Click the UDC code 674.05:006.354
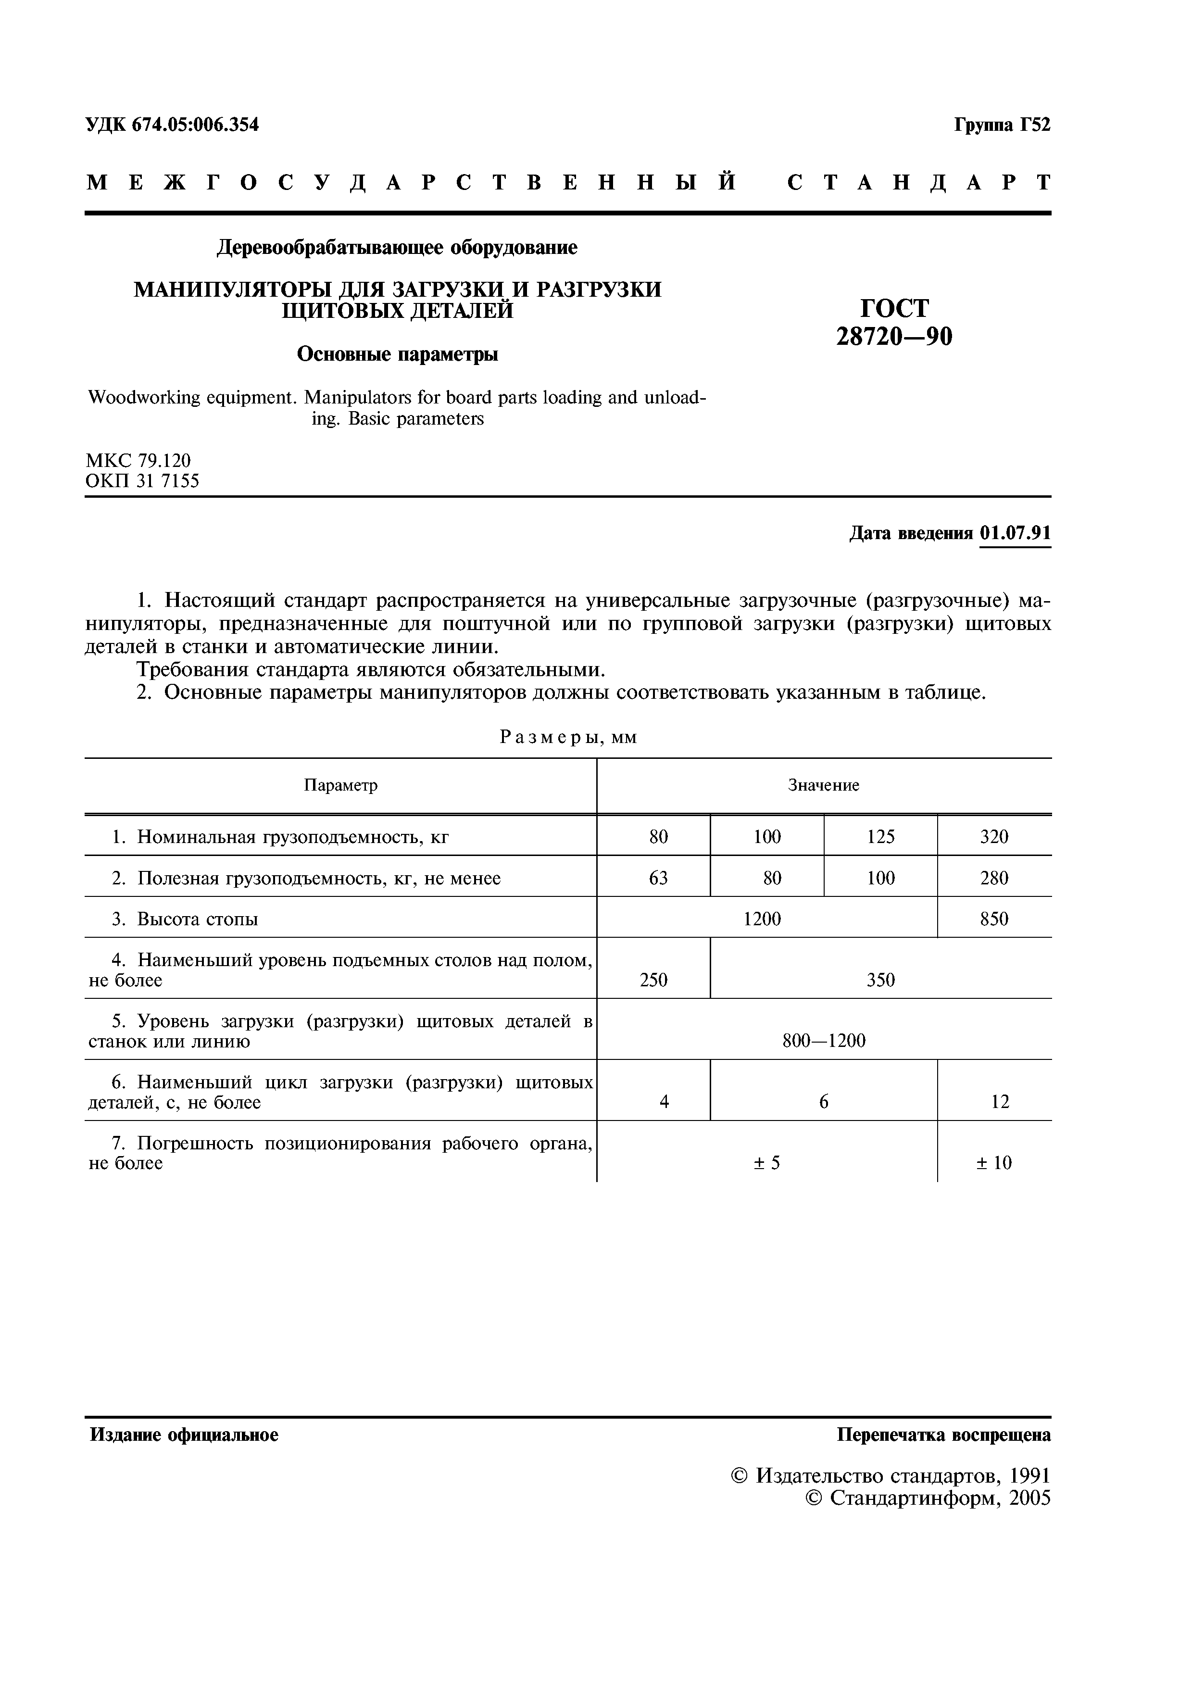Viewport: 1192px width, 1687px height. coord(195,125)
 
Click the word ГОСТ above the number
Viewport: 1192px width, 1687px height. coord(894,308)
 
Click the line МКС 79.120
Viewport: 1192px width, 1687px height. coord(138,461)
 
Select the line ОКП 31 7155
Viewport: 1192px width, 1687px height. coord(142,481)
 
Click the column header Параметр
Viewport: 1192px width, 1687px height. coord(341,785)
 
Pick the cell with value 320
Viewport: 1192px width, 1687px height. coord(994,836)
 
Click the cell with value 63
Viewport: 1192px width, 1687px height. coord(658,878)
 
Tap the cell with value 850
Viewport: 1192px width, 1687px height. coord(994,919)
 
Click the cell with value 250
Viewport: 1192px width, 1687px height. coord(653,980)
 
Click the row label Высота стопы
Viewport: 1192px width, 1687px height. coord(197,919)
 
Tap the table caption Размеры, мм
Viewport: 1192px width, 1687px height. coord(568,737)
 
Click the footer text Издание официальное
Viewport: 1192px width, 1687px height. coord(184,1435)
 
